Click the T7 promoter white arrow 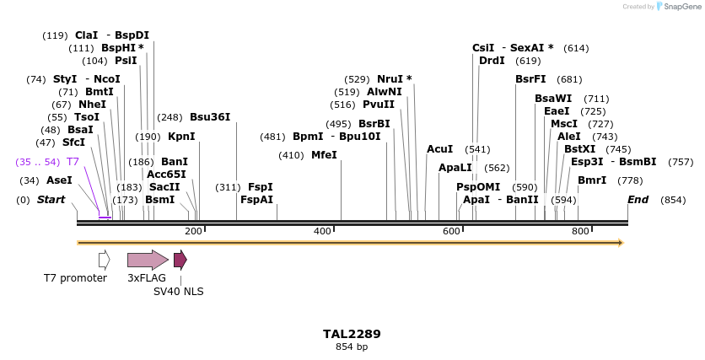click(x=104, y=260)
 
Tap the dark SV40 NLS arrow click(x=180, y=260)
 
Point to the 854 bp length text click(x=352, y=347)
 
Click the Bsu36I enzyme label click(x=210, y=117)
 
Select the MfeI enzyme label click(x=324, y=155)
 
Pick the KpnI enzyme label click(x=181, y=136)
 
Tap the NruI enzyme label click(x=395, y=79)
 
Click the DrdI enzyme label click(x=492, y=61)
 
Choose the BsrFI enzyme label click(x=530, y=79)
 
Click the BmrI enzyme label click(x=592, y=180)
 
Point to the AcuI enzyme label click(x=439, y=149)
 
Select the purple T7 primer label click(x=73, y=161)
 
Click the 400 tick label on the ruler click(x=323, y=231)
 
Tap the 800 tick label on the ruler click(x=580, y=231)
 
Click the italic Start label click(x=51, y=200)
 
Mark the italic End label click(x=638, y=200)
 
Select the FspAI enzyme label click(x=256, y=200)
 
